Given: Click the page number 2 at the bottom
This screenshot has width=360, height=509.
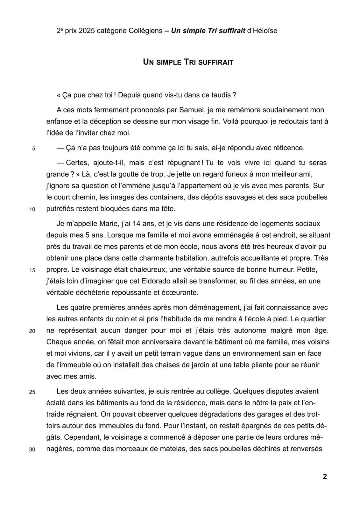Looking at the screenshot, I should [325, 477].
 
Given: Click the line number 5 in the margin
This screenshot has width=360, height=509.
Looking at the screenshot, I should [33, 149].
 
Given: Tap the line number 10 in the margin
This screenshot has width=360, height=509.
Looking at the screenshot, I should [32, 210].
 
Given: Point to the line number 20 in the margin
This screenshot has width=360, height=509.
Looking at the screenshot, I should [32, 331].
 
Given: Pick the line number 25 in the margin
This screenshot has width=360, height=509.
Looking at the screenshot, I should [32, 392].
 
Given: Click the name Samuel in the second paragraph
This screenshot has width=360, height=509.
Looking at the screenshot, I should [192, 110].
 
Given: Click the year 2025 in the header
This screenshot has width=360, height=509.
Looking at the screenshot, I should [86, 31].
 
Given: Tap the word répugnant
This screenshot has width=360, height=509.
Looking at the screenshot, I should [181, 163].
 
